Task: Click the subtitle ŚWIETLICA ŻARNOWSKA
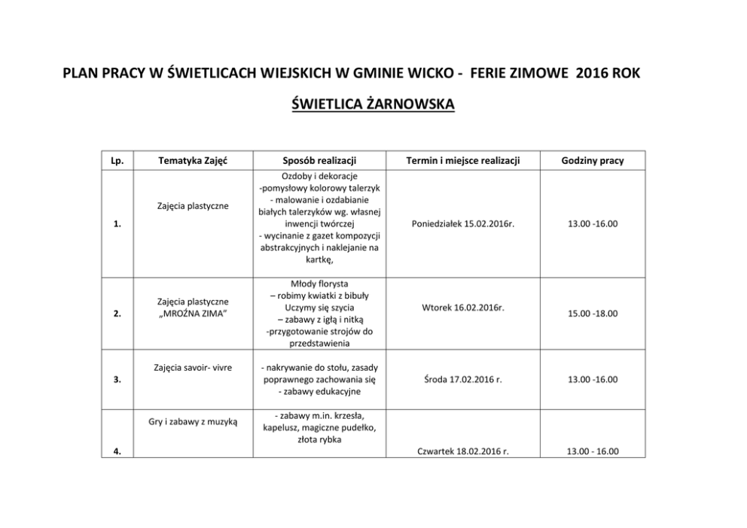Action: (x=373, y=104)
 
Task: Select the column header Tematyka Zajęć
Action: (x=194, y=160)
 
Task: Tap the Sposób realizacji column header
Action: (x=319, y=160)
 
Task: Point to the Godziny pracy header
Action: (x=592, y=160)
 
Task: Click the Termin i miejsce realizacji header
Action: (x=462, y=160)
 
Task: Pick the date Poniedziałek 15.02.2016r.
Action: (x=462, y=223)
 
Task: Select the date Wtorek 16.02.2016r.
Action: (x=462, y=308)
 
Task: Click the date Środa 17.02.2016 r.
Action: (x=462, y=380)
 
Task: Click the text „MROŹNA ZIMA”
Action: (x=194, y=314)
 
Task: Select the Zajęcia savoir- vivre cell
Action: (x=194, y=368)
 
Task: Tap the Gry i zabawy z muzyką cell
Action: (x=194, y=422)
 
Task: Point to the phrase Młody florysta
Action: (x=319, y=284)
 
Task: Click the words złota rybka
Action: (x=319, y=439)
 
